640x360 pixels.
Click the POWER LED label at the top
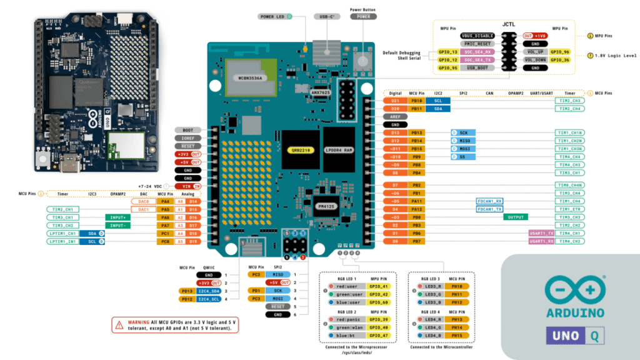tap(272, 16)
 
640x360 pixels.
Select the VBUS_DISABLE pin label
tap(478, 36)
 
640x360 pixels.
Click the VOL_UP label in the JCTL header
tap(537, 52)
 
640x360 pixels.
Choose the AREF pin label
tap(395, 117)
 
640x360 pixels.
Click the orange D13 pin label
tap(395, 132)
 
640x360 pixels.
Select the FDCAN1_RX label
tap(490, 201)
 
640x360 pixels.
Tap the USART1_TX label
tap(541, 232)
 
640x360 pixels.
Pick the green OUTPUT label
tap(516, 217)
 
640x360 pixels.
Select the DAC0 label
tap(144, 201)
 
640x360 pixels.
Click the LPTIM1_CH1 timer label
tap(61, 232)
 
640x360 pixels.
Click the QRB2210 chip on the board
tap(296, 150)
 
